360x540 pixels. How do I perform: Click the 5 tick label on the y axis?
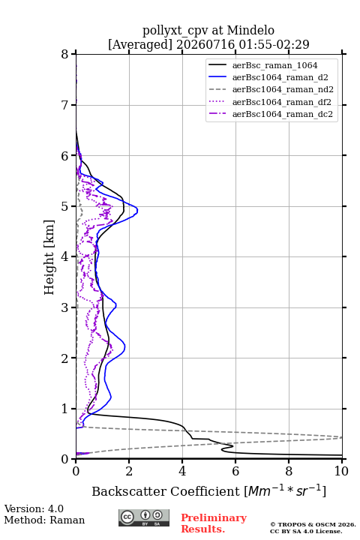pos(64,206)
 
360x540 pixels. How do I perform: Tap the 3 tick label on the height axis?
pos(64,307)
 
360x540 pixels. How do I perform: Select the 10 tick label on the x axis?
pos(341,471)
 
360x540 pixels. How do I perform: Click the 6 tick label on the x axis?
pos(235,471)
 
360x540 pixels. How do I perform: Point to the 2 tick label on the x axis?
pos(129,471)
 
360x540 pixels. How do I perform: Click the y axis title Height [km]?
pos(49,257)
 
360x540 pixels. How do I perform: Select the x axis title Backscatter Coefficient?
pos(165,491)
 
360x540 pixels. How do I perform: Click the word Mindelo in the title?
pos(250,31)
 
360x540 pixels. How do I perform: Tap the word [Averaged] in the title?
pos(139,44)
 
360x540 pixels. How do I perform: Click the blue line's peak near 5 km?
pos(137,210)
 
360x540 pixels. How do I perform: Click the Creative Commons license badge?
pos(144,517)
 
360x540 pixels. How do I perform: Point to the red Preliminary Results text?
pos(214,523)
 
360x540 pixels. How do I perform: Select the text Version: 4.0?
pos(34,508)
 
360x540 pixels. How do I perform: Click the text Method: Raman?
pos(44,520)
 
